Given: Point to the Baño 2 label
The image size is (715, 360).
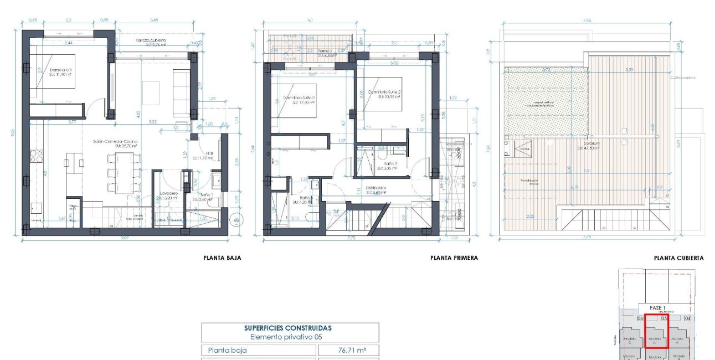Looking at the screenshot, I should (391, 164).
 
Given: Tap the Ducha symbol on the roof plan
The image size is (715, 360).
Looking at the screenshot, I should (525, 148).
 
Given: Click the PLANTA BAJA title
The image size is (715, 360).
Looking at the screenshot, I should (222, 258).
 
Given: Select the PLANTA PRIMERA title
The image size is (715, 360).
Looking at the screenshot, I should (454, 258).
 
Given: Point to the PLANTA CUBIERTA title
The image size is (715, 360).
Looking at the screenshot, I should (678, 258).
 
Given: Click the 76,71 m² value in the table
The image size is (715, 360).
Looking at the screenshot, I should (348, 350).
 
